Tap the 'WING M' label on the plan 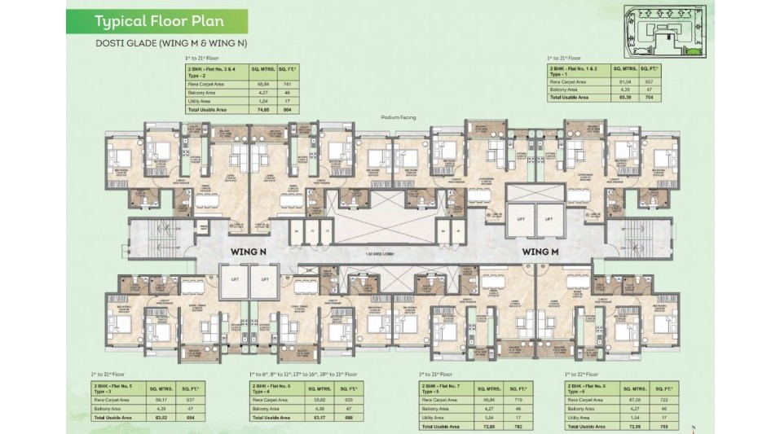pyautogui.click(x=540, y=252)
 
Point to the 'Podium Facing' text pyautogui.click(x=399, y=118)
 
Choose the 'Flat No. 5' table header pyautogui.click(x=122, y=384)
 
